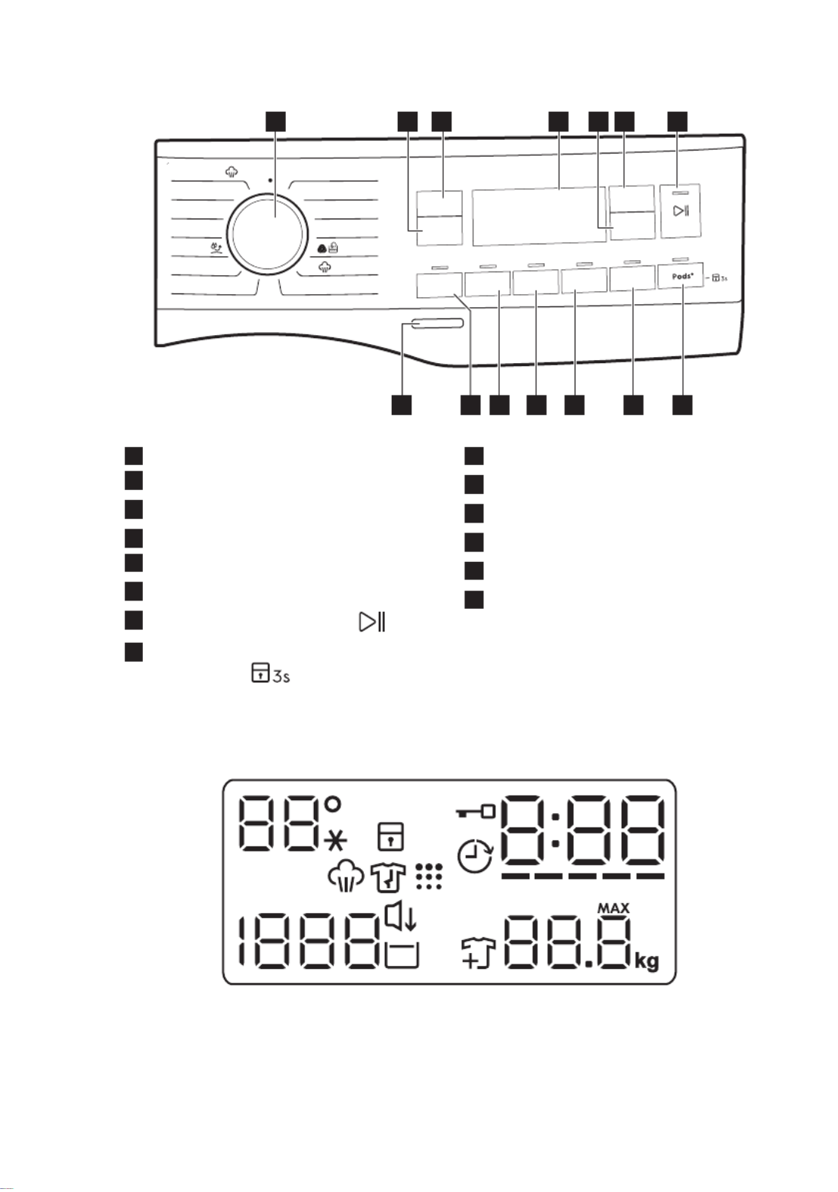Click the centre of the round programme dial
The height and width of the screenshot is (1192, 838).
[x=268, y=234]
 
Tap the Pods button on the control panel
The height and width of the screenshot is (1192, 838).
[x=680, y=275]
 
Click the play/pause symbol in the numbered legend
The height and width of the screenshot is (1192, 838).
[x=372, y=622]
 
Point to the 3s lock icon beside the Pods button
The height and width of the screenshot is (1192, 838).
[x=719, y=278]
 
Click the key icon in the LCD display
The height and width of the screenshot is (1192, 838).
[x=476, y=812]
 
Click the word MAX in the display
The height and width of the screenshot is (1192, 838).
[x=613, y=908]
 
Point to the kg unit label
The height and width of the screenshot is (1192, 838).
[x=647, y=962]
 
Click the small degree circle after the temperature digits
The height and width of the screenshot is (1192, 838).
[x=333, y=804]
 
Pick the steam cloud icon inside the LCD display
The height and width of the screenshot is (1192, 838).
[x=346, y=877]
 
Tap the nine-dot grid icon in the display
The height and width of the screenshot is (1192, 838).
[x=428, y=876]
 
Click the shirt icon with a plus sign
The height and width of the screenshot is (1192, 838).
[x=478, y=953]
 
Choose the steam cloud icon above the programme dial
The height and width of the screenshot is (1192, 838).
[x=231, y=172]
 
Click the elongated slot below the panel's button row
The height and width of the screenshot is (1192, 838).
[x=436, y=324]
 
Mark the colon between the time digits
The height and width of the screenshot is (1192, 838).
[x=555, y=829]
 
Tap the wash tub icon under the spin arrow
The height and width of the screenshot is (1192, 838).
[x=402, y=955]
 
